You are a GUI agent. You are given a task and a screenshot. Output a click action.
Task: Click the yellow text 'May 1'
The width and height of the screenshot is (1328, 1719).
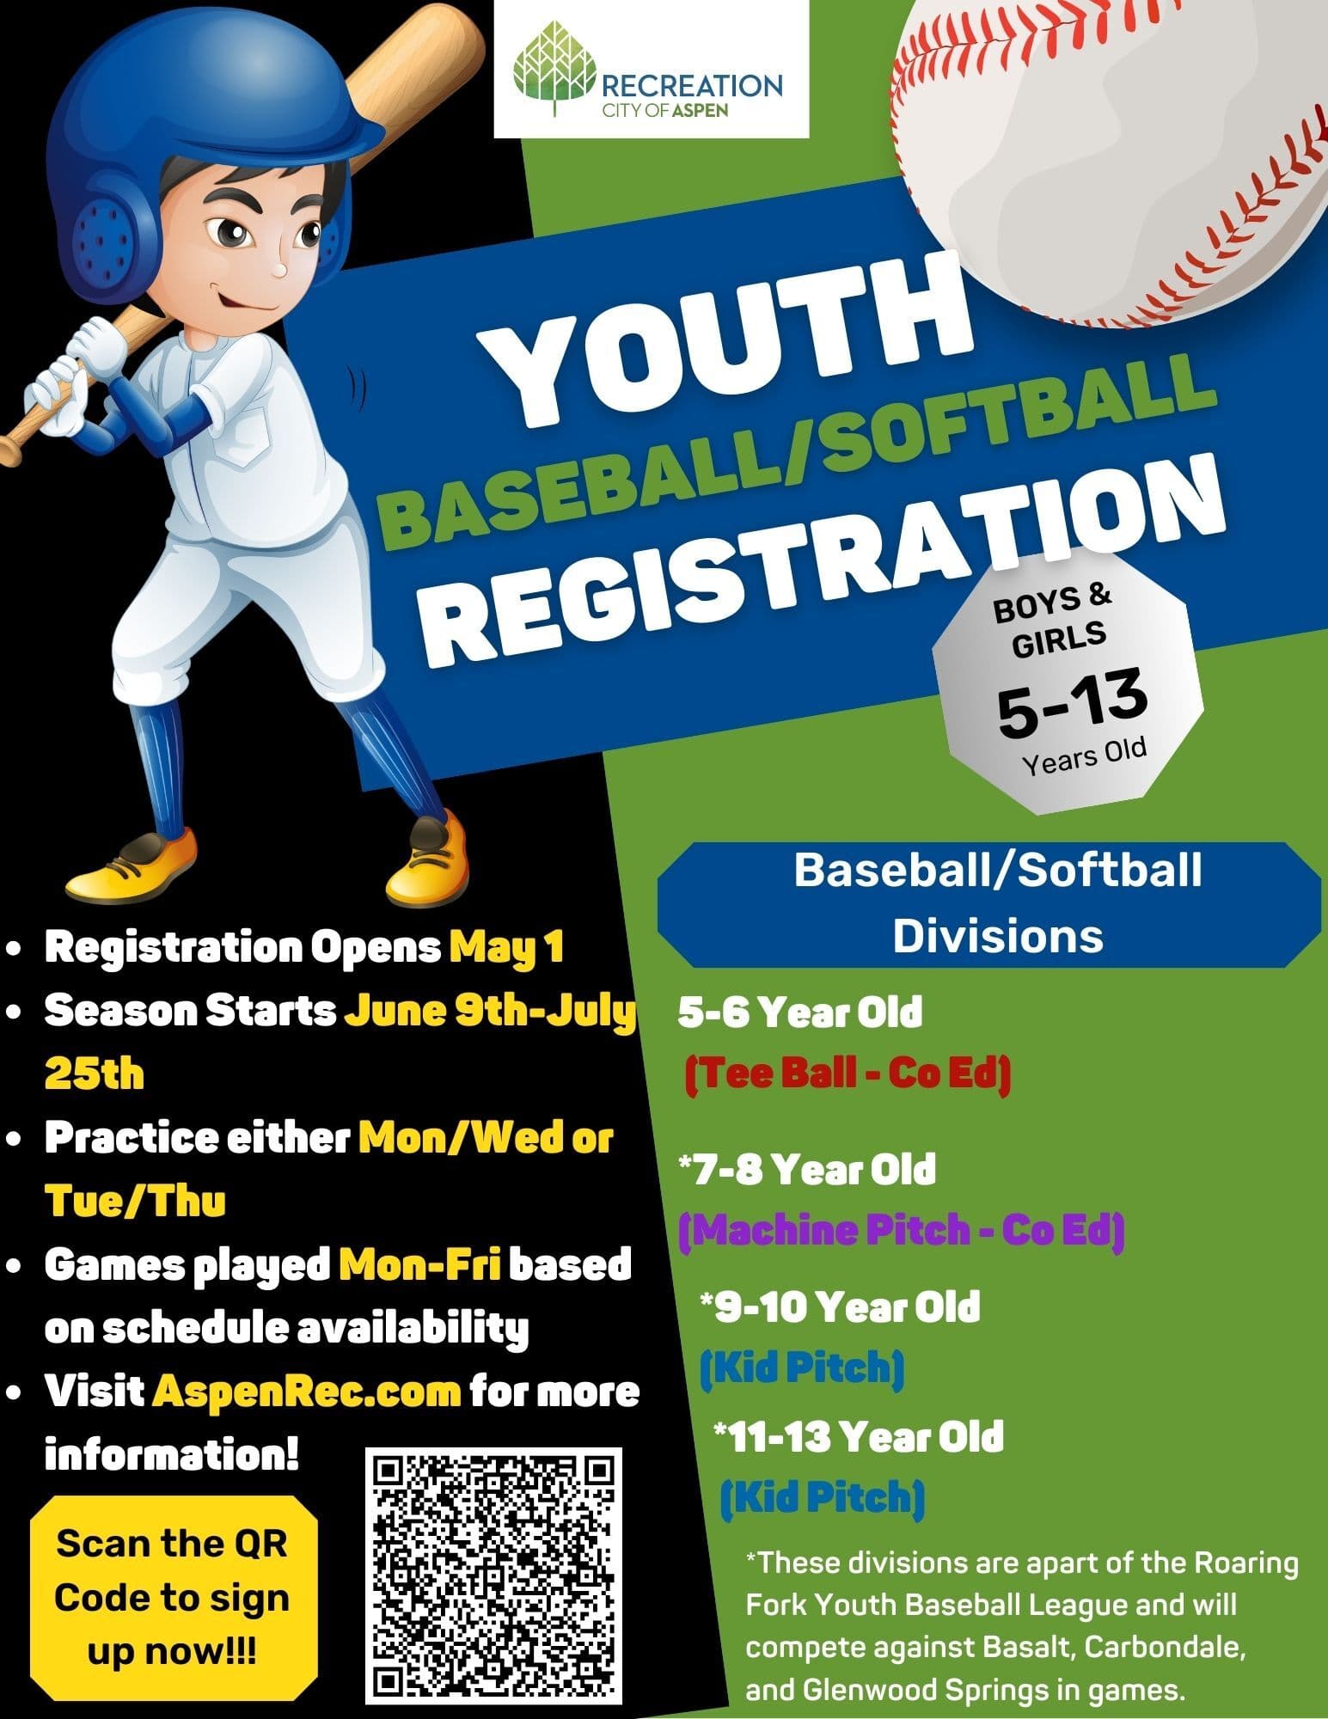[x=506, y=947]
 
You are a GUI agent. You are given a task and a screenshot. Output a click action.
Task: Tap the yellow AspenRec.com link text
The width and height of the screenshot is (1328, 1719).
[x=307, y=1391]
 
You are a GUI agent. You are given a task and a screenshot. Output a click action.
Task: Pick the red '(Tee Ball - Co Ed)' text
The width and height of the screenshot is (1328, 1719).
[x=848, y=1074]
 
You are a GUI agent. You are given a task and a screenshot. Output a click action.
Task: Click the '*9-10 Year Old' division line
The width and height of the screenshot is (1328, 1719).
[x=840, y=1307]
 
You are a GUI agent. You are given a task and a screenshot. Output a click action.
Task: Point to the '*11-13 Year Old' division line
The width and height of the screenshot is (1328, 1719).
[x=859, y=1436]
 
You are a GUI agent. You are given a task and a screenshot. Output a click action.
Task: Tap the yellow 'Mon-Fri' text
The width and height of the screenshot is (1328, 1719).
[x=419, y=1264]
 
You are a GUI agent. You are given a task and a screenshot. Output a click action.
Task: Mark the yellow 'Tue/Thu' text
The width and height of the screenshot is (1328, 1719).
[x=135, y=1201]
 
